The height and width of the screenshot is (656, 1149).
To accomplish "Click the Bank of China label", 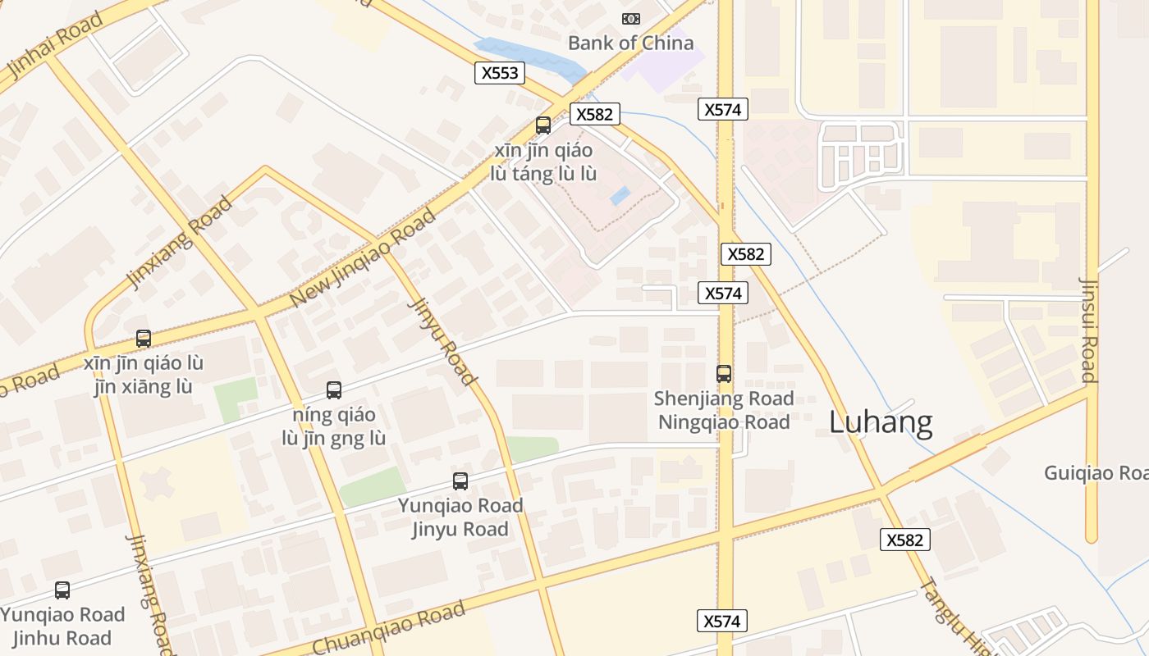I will [x=630, y=43].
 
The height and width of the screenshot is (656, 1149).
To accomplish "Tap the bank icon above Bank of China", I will [x=630, y=18].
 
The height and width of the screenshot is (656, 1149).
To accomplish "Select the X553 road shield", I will [x=500, y=73].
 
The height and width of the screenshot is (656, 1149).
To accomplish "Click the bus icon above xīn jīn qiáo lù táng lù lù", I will [x=542, y=125].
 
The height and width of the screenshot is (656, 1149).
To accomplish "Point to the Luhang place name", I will [x=880, y=422].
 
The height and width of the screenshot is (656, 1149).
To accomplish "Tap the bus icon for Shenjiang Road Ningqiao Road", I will [x=723, y=374].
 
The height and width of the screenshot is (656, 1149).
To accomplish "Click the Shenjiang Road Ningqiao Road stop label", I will [x=723, y=410].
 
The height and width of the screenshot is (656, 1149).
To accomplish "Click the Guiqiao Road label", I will [x=1095, y=473].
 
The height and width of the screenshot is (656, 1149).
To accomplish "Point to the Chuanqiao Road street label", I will [x=389, y=628].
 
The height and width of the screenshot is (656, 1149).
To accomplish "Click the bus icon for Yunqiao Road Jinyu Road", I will [x=460, y=481].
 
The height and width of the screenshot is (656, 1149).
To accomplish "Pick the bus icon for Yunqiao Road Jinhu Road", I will [x=62, y=590].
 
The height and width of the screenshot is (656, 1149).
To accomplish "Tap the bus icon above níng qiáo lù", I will [x=333, y=390].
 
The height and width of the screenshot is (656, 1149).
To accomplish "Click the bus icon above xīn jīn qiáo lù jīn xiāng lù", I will [x=144, y=338].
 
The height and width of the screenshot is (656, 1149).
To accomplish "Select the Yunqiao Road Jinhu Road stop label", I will [x=62, y=626].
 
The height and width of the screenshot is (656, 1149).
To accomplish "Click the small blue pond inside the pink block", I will [x=620, y=196].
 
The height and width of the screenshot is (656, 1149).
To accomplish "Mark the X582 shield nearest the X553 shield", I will [x=593, y=114].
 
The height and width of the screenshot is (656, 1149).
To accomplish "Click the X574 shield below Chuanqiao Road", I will [x=722, y=622].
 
